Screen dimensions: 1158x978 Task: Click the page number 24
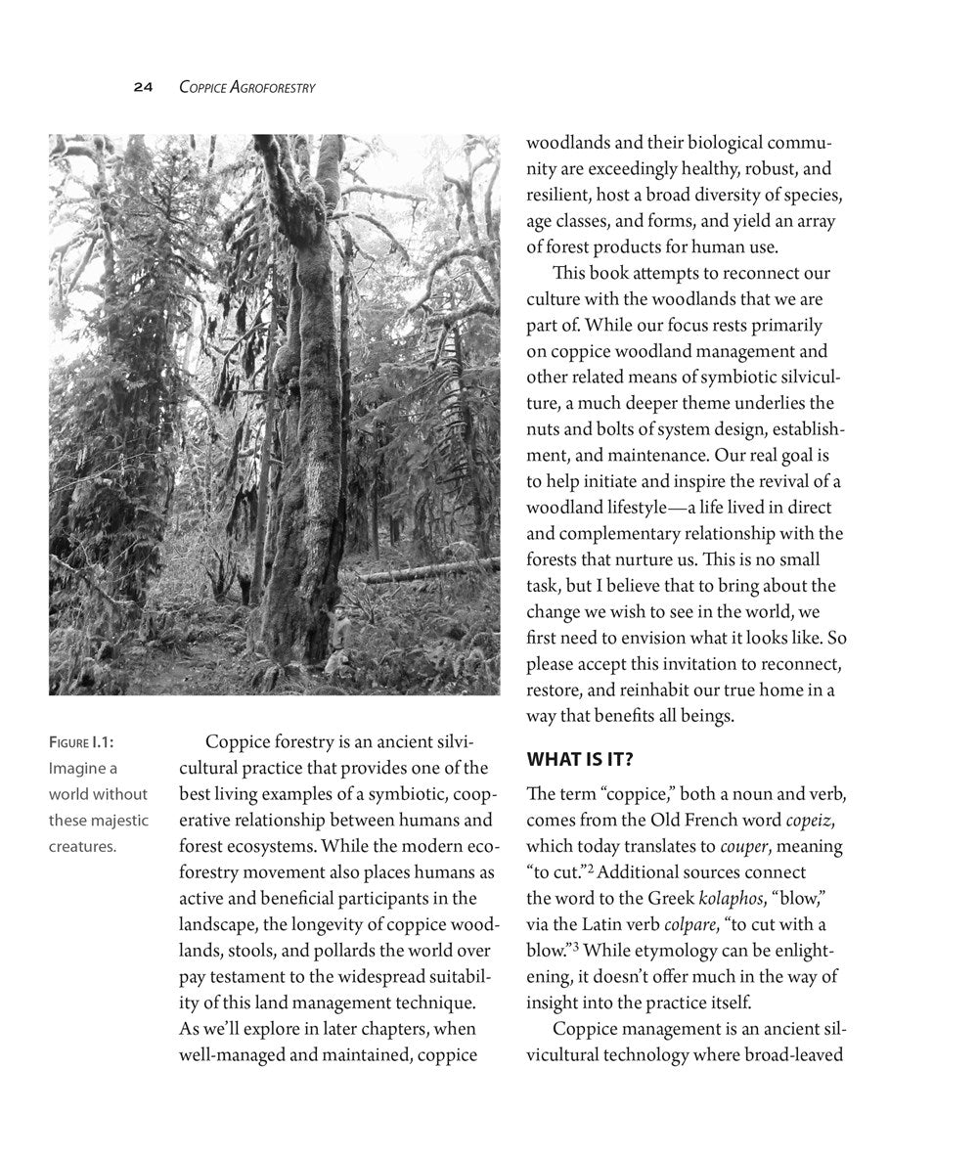tap(143, 87)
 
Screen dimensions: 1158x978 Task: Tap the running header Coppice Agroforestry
tap(246, 87)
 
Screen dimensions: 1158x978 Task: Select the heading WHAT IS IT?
tap(585, 759)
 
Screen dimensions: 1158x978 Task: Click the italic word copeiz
tap(813, 820)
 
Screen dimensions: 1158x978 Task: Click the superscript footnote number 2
tap(591, 868)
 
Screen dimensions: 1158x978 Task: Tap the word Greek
tap(664, 898)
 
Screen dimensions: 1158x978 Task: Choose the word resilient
tap(561, 195)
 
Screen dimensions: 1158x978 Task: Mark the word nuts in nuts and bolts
tap(545, 429)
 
